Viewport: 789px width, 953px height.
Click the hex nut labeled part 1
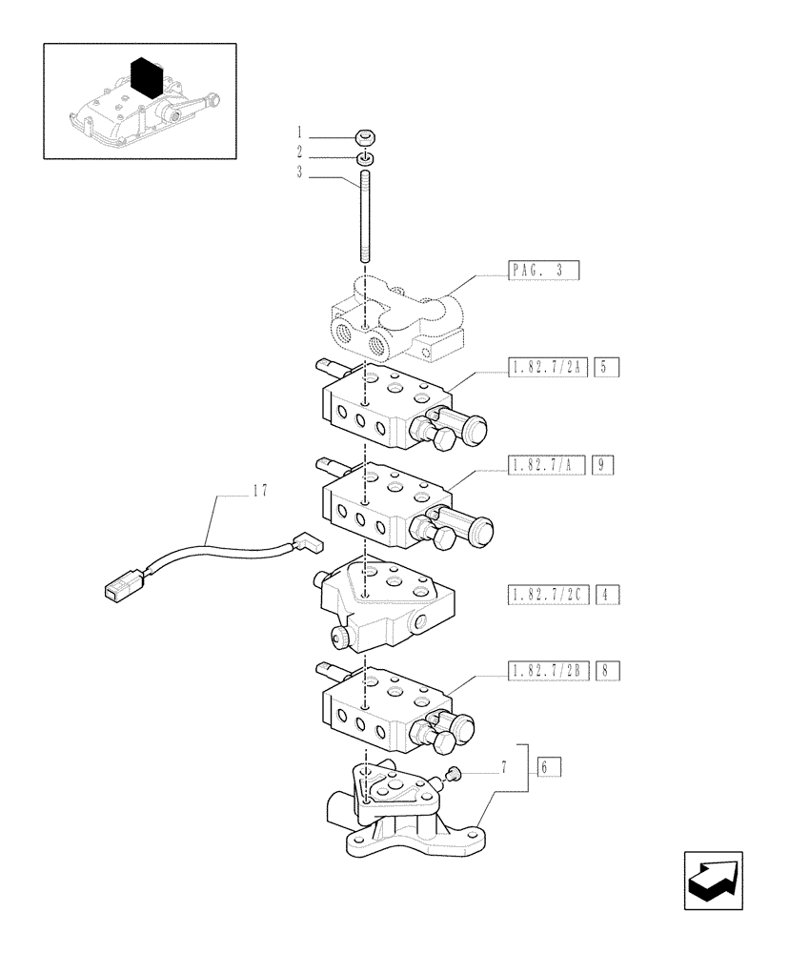tap(366, 136)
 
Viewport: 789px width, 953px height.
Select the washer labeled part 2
tap(366, 157)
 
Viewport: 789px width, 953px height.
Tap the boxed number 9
tap(602, 465)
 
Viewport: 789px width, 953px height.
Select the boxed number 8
tap(606, 671)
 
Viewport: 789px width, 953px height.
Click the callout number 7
tap(502, 767)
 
